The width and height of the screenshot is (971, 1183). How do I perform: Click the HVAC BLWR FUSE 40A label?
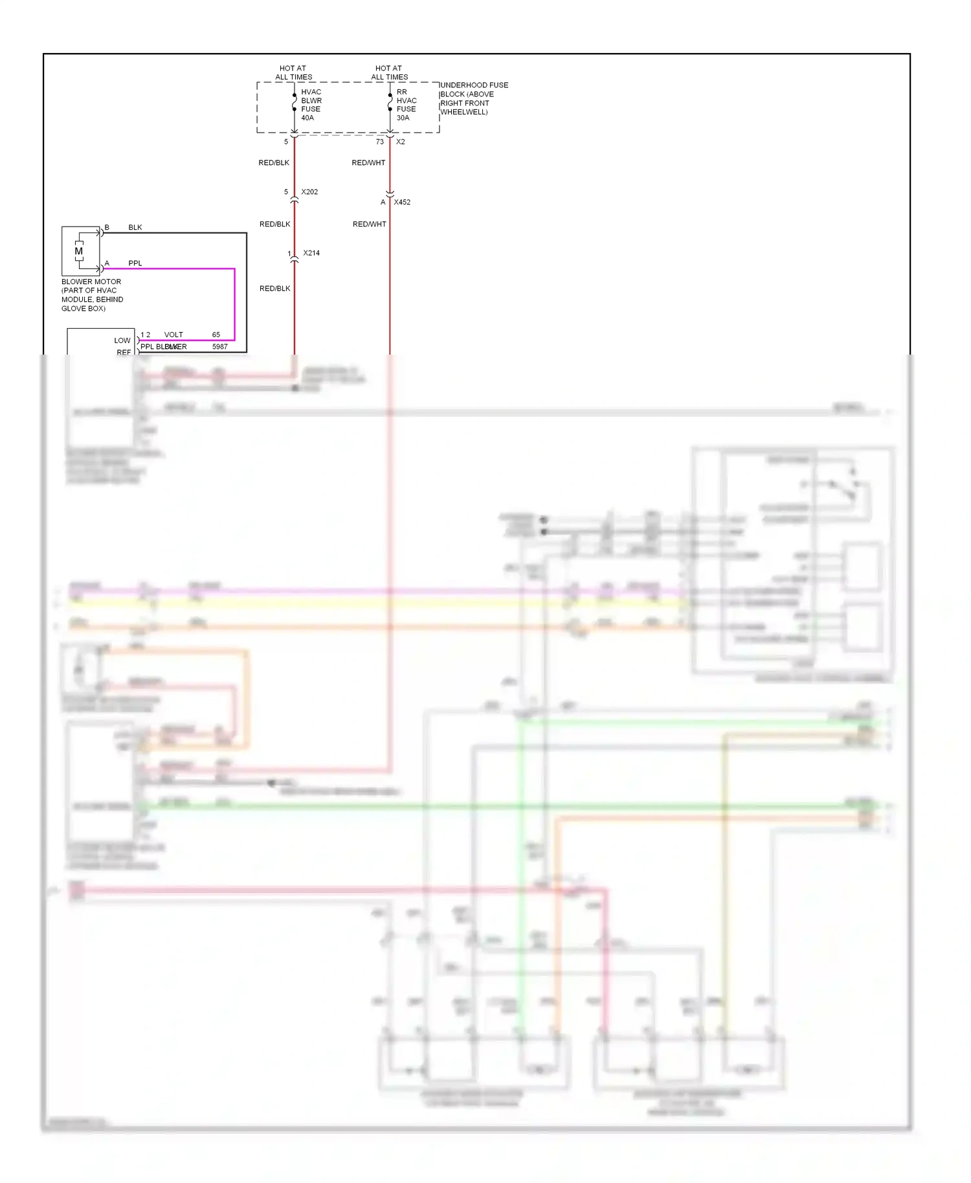click(x=311, y=105)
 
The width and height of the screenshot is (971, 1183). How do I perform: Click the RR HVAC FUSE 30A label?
click(x=406, y=105)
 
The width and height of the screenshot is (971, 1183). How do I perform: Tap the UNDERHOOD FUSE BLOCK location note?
click(x=474, y=98)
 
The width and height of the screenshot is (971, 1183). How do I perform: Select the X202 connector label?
click(x=309, y=192)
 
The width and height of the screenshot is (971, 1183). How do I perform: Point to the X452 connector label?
click(x=402, y=203)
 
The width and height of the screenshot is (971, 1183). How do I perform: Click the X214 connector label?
click(x=311, y=253)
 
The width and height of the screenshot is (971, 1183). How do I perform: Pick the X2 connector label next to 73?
click(x=401, y=142)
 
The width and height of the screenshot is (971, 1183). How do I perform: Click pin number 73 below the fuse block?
click(x=380, y=142)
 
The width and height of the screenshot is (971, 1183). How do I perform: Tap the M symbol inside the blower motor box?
click(x=79, y=251)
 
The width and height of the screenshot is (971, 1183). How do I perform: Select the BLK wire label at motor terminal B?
click(x=135, y=228)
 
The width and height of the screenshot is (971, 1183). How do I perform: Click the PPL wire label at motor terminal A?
click(x=135, y=263)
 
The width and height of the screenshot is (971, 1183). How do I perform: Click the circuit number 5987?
click(x=220, y=347)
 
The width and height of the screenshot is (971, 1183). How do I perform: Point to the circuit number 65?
click(x=216, y=335)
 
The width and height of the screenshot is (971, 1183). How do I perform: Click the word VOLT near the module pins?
click(x=173, y=335)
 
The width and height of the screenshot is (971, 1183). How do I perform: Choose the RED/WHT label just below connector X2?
click(x=368, y=163)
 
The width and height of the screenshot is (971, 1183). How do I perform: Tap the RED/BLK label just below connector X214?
click(x=274, y=289)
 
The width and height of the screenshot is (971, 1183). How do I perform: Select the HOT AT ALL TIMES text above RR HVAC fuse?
click(x=389, y=72)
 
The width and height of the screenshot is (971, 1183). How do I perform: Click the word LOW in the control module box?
click(x=122, y=340)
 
